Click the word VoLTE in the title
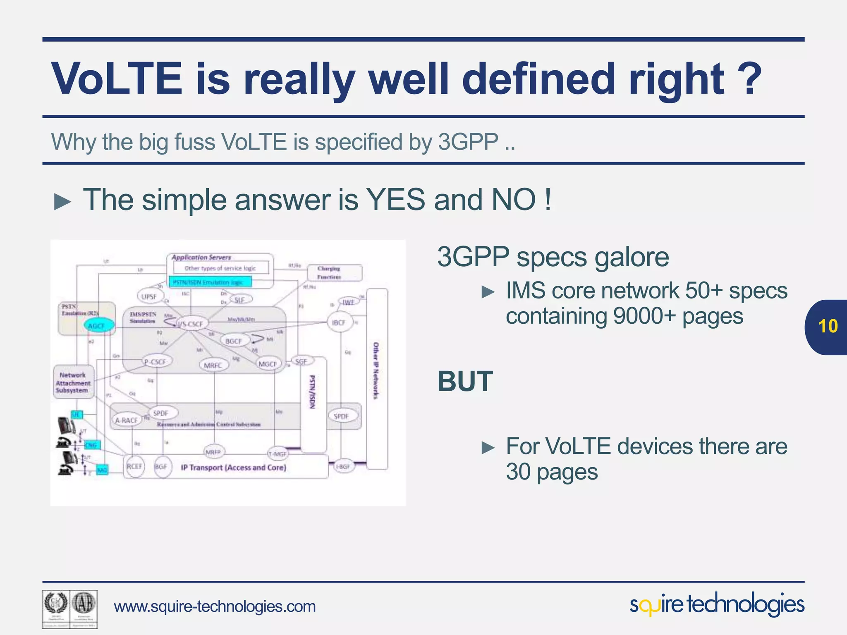coord(117,79)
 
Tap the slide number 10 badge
coord(828,327)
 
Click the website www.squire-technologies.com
coord(215,606)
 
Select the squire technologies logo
coord(717,605)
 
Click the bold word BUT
coord(465,381)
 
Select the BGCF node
coord(234,341)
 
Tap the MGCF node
coord(268,364)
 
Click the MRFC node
coord(213,365)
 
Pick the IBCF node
coord(339,322)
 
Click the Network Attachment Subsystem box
coord(73,383)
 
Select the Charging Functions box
coord(334,273)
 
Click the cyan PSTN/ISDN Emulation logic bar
coord(210,282)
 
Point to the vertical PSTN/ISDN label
coord(313,392)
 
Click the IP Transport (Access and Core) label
coord(234,468)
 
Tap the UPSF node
coord(149,296)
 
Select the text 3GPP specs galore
coord(553,257)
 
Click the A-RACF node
coord(126,420)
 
